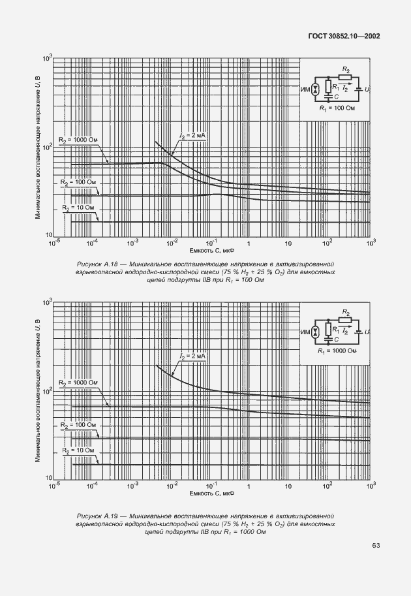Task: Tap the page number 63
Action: [376, 545]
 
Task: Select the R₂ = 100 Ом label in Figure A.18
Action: [78, 182]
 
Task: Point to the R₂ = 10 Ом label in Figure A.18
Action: [78, 208]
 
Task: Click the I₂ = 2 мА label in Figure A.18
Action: [192, 135]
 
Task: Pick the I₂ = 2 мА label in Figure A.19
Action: [192, 356]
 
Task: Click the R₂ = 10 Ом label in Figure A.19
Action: [78, 450]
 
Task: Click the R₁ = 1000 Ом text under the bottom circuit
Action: [337, 351]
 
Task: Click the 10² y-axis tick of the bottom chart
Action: [46, 391]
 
